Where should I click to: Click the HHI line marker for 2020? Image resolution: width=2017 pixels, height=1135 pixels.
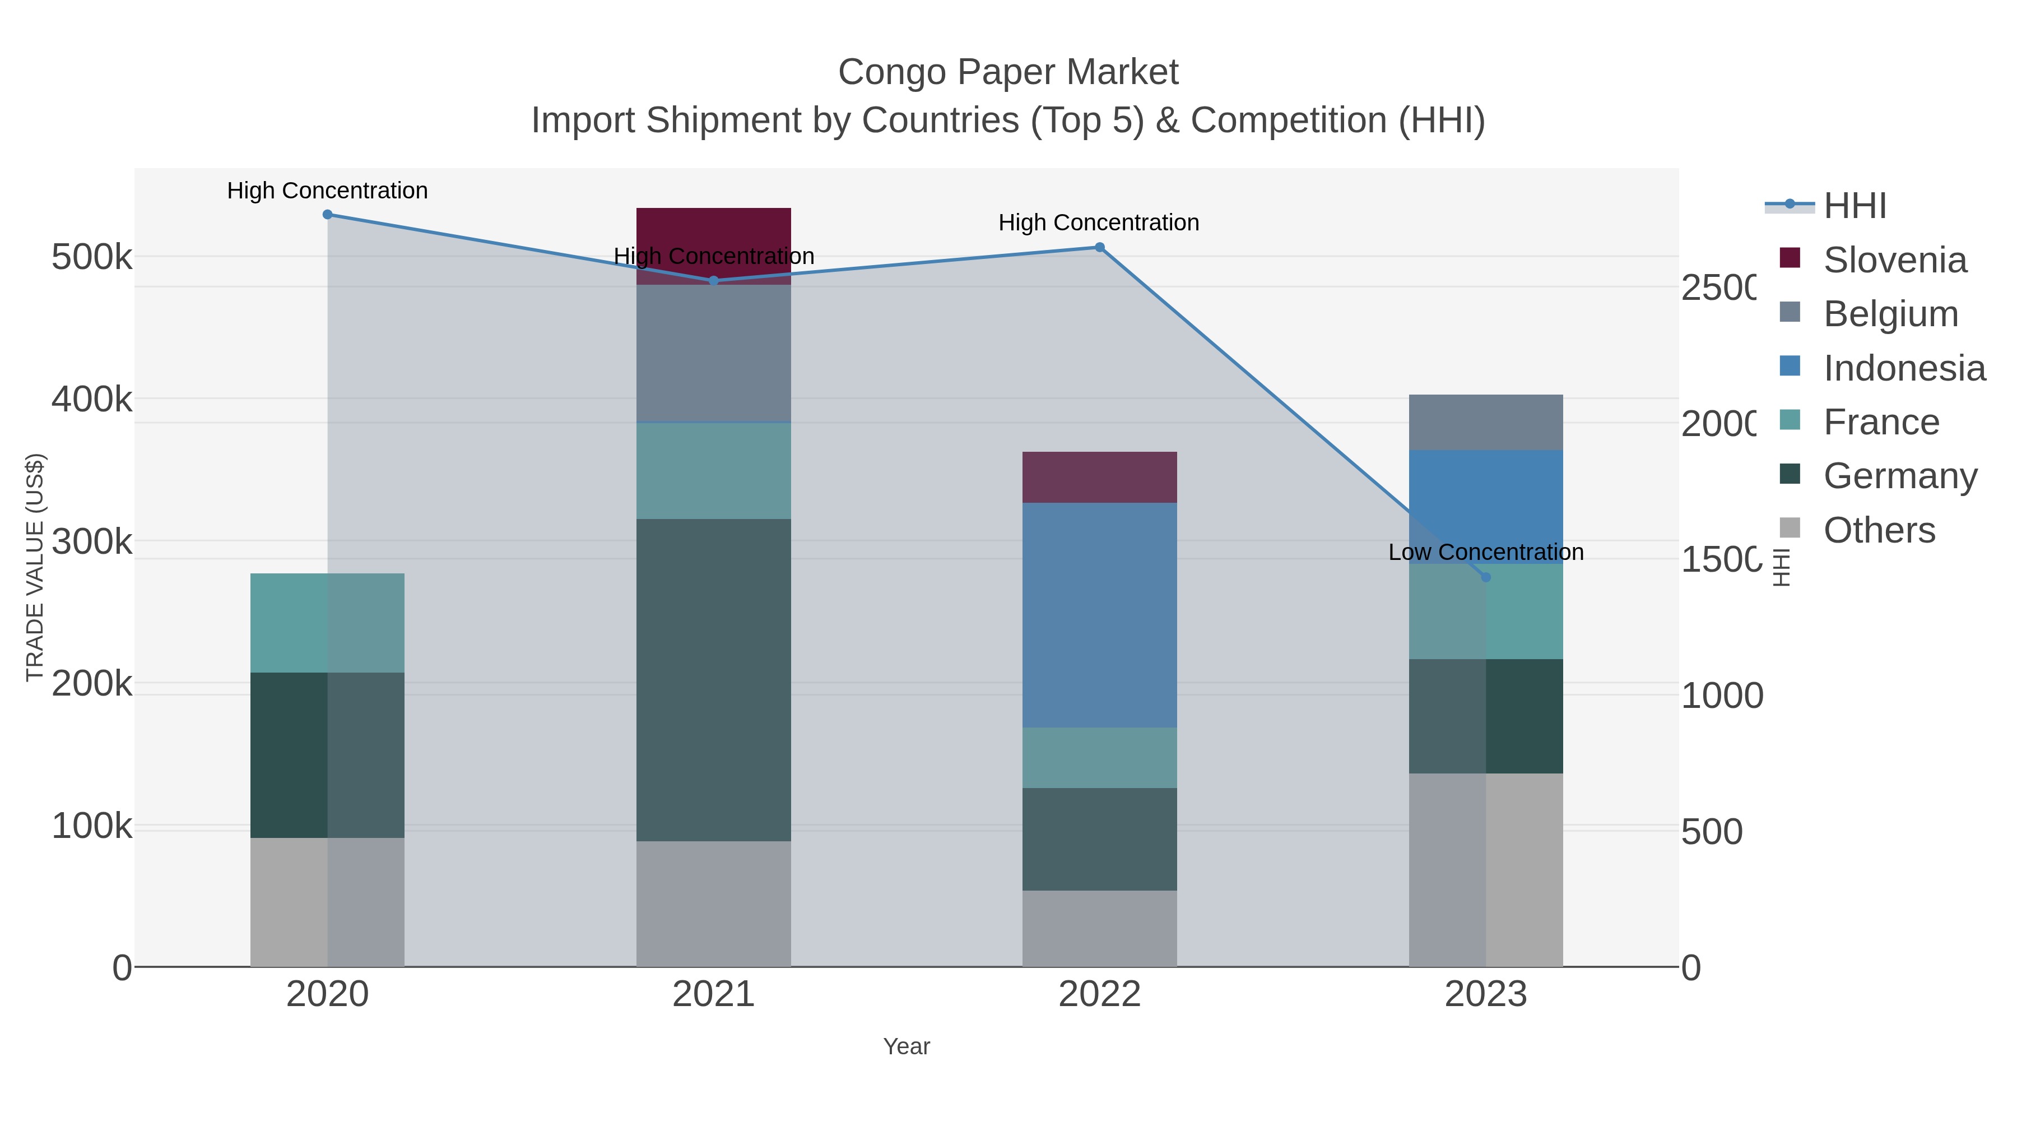coord(327,215)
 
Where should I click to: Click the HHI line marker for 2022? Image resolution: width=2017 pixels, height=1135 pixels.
coord(1099,248)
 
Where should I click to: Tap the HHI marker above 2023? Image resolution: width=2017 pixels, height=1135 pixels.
coord(1485,577)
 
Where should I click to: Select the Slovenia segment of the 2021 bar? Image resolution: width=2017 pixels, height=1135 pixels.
coord(713,235)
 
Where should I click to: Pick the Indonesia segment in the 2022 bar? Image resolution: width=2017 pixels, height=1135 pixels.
coord(1099,615)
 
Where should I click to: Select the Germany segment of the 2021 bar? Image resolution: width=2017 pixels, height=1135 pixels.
coord(713,680)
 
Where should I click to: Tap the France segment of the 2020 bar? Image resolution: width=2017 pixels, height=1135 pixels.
coord(327,623)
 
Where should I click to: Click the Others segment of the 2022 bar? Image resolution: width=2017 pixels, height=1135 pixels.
coord(1099,928)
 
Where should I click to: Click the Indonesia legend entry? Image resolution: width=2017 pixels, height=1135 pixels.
coord(1903,368)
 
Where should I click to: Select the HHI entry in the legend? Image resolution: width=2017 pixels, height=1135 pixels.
coord(1854,206)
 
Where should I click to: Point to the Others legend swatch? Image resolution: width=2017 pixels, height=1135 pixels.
coord(1790,529)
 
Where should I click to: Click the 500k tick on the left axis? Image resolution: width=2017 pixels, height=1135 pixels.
coord(92,257)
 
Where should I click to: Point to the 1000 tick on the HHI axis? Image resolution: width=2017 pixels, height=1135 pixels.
coord(1722,696)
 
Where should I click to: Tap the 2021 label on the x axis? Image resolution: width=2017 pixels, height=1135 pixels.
coord(713,995)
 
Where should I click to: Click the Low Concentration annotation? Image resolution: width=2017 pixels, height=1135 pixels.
coord(1485,552)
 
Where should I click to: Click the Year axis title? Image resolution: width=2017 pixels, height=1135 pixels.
coord(906,1046)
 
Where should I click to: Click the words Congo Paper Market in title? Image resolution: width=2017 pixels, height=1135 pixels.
coord(1008,73)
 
